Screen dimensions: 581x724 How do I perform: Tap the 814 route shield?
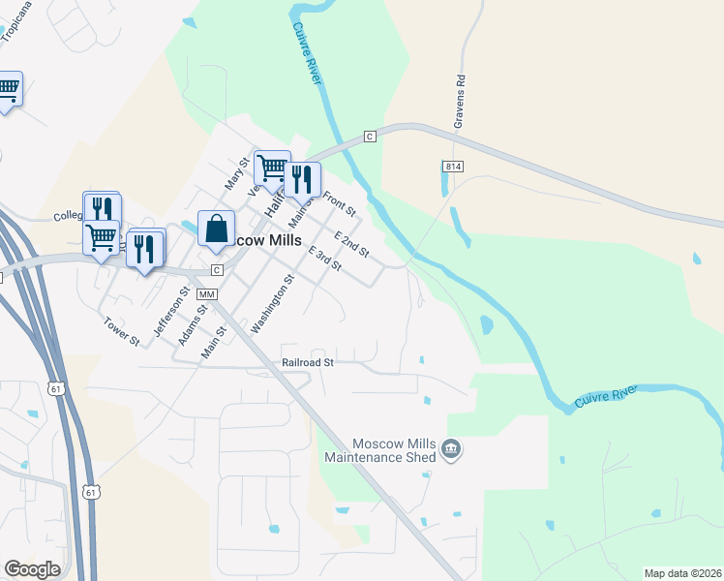pyautogui.click(x=454, y=167)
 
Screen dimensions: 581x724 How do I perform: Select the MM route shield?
pyautogui.click(x=206, y=293)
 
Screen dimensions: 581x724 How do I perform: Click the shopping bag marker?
pyautogui.click(x=217, y=229)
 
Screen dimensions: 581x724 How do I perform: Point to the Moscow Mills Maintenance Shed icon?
pyautogui.click(x=450, y=449)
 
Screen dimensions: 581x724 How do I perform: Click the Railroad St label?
pyautogui.click(x=308, y=362)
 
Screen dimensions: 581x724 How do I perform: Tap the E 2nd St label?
pyautogui.click(x=351, y=244)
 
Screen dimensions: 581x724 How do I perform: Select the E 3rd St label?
pyautogui.click(x=324, y=260)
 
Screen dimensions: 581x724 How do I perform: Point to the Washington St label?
pyautogui.click(x=272, y=304)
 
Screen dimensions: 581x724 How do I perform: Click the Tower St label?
pyautogui.click(x=122, y=331)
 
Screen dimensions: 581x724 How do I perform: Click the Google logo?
pyautogui.click(x=32, y=569)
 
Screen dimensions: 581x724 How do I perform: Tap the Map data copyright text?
pyautogui.click(x=681, y=573)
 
